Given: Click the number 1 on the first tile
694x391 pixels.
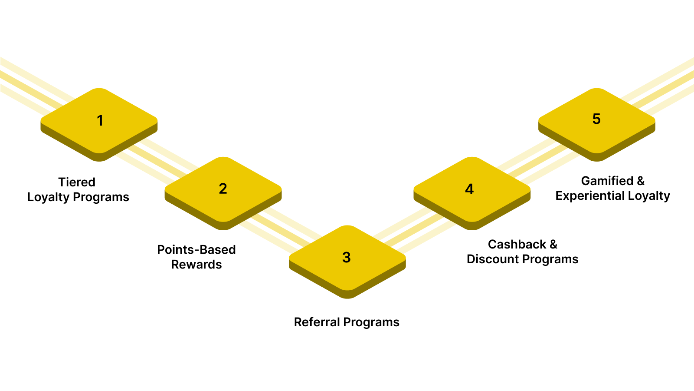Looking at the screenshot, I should pos(100,120).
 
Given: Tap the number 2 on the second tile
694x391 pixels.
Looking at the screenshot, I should pos(223,189).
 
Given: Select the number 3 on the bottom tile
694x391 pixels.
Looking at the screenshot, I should pos(346,257).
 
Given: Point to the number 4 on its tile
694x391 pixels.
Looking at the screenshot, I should pos(469,189).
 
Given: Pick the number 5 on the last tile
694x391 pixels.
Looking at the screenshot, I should pos(596,119).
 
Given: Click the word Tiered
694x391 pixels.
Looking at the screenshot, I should pos(77,182).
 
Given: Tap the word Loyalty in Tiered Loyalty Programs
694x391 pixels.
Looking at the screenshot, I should pos(48,197).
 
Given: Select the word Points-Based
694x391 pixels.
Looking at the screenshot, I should pos(196,250).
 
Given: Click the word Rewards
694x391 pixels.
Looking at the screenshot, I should pos(196,265).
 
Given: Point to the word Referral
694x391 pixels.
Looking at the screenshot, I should pos(317,322).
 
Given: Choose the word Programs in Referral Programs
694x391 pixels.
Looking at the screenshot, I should pos(371,322).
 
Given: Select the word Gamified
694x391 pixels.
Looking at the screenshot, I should pos(607,181).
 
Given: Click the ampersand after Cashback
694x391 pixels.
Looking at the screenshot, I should pos(553,245).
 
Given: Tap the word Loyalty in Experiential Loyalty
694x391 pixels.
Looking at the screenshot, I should pos(649,196).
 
